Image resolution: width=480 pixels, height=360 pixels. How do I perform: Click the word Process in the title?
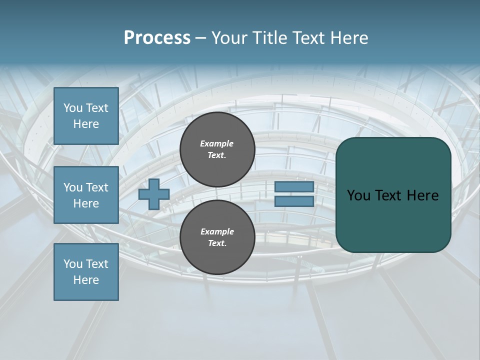[157, 37]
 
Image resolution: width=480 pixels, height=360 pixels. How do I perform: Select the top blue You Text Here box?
[86, 116]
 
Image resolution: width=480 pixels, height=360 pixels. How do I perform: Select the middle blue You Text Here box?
[86, 195]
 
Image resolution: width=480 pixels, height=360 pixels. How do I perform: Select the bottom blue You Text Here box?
[86, 272]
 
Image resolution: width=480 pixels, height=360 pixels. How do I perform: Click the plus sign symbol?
[154, 195]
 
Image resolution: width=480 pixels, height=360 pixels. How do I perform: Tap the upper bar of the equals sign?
[294, 187]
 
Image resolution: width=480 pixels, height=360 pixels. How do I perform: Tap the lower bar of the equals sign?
[294, 201]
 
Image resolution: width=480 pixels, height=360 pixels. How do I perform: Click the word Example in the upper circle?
[216, 143]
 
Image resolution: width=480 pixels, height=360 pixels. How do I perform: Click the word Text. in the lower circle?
[217, 243]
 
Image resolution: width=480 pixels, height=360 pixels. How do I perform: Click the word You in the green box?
[358, 195]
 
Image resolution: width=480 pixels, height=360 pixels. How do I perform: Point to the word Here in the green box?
[422, 195]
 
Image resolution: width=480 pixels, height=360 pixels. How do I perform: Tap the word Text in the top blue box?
[96, 108]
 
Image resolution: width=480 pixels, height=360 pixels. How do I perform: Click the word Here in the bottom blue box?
[86, 280]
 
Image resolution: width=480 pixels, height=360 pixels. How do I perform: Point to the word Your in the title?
[229, 37]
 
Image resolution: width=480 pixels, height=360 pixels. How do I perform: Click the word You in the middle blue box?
[73, 187]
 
